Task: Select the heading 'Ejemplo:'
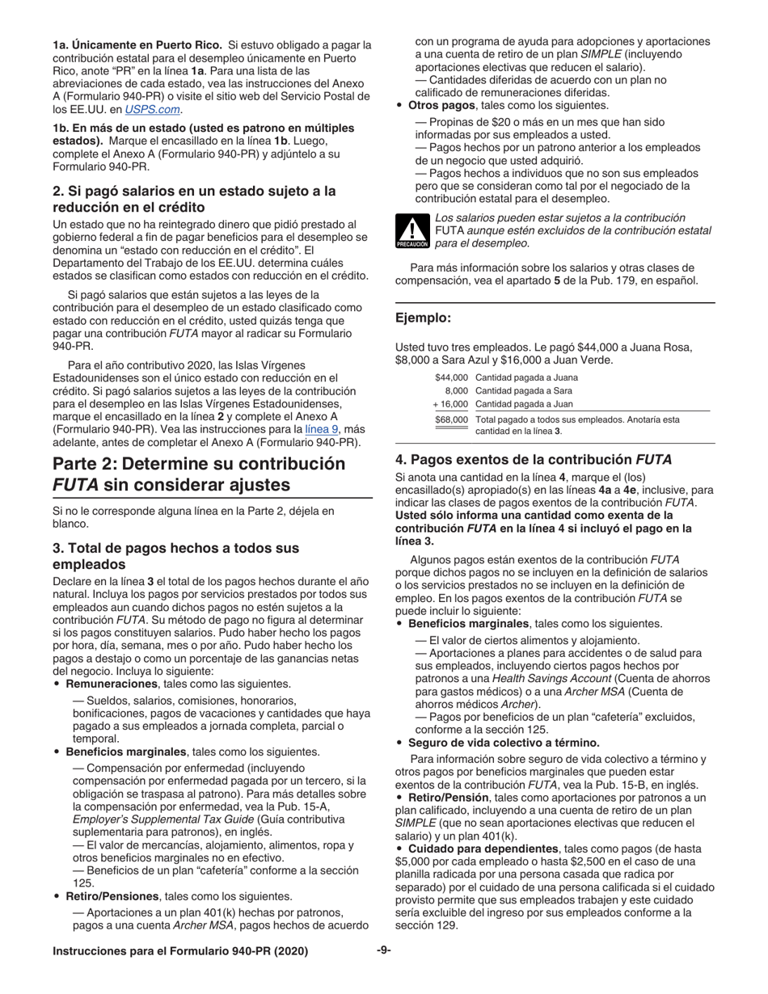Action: (x=423, y=318)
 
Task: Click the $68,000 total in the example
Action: (x=451, y=419)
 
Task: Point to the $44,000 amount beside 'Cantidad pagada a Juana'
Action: (x=451, y=377)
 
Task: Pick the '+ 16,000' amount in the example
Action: (x=449, y=404)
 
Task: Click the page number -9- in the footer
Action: (x=383, y=951)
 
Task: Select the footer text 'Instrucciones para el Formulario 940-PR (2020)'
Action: (x=180, y=952)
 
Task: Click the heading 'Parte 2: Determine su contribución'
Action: (x=198, y=464)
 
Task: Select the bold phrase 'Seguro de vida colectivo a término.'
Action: (x=504, y=743)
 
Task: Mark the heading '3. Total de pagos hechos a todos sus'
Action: (x=175, y=548)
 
